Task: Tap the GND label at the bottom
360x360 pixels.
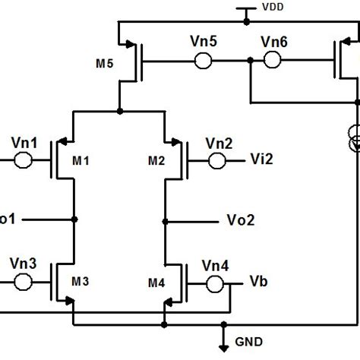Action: click(x=250, y=342)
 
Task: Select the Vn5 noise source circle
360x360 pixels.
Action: click(x=203, y=61)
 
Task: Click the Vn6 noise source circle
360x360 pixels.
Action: click(x=271, y=61)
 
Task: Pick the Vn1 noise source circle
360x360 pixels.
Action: click(x=23, y=160)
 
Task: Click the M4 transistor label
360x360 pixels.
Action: click(x=156, y=282)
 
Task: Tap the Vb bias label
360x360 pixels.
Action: click(x=259, y=282)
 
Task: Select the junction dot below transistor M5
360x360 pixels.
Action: click(x=119, y=112)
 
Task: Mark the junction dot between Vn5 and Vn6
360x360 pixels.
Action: click(x=250, y=62)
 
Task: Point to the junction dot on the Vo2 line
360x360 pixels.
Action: click(x=165, y=221)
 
